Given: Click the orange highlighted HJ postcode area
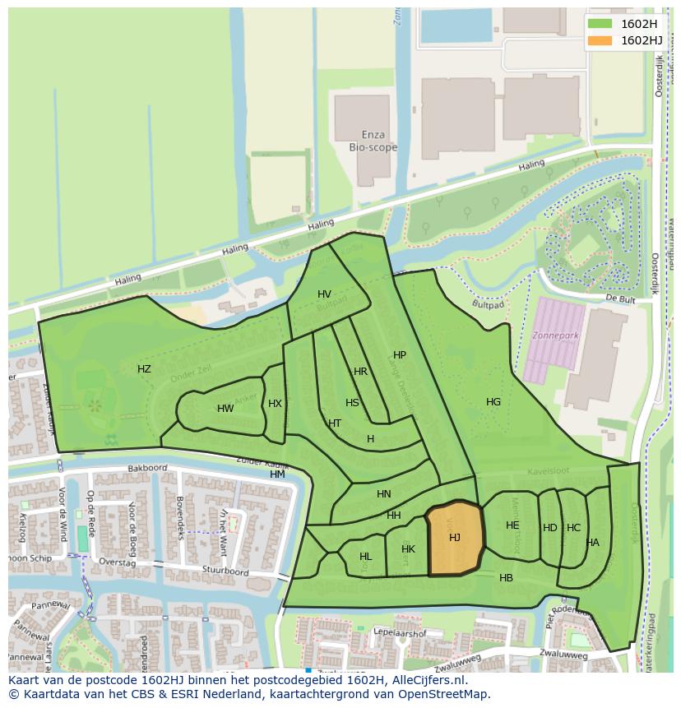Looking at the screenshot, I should point(454,539).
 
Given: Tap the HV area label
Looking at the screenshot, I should point(324,294).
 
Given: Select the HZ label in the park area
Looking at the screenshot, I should point(144,369).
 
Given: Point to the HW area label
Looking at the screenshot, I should point(225,409).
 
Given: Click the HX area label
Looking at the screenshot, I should point(275,403).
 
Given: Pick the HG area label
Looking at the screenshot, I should point(493,402).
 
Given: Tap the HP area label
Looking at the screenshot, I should point(400,355).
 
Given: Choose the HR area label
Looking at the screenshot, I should point(360,372).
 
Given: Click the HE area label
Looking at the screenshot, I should point(512,525).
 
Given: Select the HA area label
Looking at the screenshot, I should point(593,543).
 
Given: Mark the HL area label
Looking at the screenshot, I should point(365,557).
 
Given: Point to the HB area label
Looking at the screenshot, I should point(506,578).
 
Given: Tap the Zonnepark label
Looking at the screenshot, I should point(555,336).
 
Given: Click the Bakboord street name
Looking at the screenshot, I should point(147,469).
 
